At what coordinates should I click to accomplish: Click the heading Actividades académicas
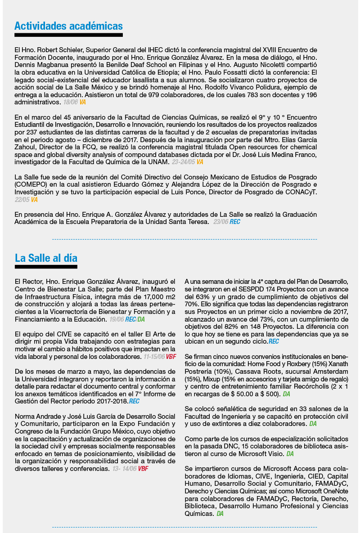(x=68, y=26)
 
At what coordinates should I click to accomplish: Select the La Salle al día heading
(x=46, y=258)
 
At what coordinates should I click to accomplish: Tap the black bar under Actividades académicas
(x=68, y=35)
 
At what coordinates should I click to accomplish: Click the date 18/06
(x=71, y=102)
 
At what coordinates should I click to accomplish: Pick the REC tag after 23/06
(x=235, y=222)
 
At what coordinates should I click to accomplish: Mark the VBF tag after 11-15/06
(x=171, y=357)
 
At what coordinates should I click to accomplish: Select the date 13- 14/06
(x=124, y=469)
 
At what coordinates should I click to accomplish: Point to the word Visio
(x=274, y=454)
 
